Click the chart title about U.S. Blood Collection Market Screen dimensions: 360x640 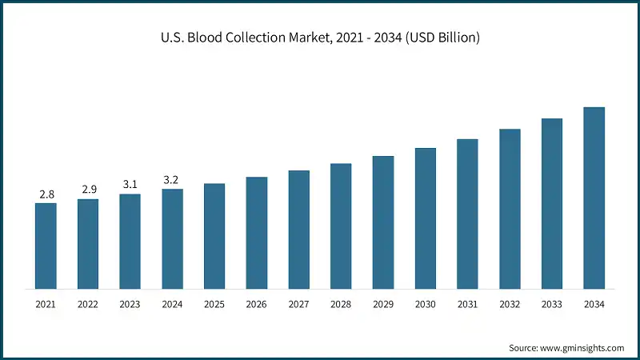pyautogui.click(x=320, y=38)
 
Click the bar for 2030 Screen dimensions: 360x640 pyautogui.click(x=425, y=218)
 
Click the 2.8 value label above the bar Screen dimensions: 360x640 pyautogui.click(x=46, y=194)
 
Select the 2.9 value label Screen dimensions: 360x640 pyautogui.click(x=88, y=190)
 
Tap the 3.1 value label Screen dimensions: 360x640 pyautogui.click(x=130, y=185)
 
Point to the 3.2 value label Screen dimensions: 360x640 pyautogui.click(x=172, y=180)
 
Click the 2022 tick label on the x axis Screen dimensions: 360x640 pyautogui.click(x=88, y=305)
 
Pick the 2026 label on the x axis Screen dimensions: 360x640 pyautogui.click(x=256, y=305)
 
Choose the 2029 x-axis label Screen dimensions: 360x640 pyautogui.click(x=382, y=305)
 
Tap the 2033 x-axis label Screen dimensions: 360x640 pyautogui.click(x=551, y=305)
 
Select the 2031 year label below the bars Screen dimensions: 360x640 pyautogui.click(x=467, y=305)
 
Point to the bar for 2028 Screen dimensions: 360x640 pyautogui.click(x=341, y=226)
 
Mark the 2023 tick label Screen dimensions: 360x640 pyautogui.click(x=130, y=305)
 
